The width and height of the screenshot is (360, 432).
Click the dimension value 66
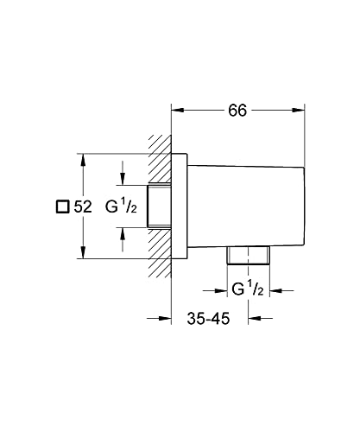tap(238, 110)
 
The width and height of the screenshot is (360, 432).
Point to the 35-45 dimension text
tap(208, 319)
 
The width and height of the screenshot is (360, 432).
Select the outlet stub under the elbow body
tap(249, 255)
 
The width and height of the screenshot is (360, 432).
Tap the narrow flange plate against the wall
tap(180, 206)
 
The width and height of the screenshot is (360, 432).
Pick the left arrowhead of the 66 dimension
tap(178, 109)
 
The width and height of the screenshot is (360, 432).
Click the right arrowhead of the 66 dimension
tap(300, 109)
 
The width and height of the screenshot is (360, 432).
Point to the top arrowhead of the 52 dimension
tap(83, 159)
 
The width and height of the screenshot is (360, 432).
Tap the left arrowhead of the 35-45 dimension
tap(166, 319)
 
